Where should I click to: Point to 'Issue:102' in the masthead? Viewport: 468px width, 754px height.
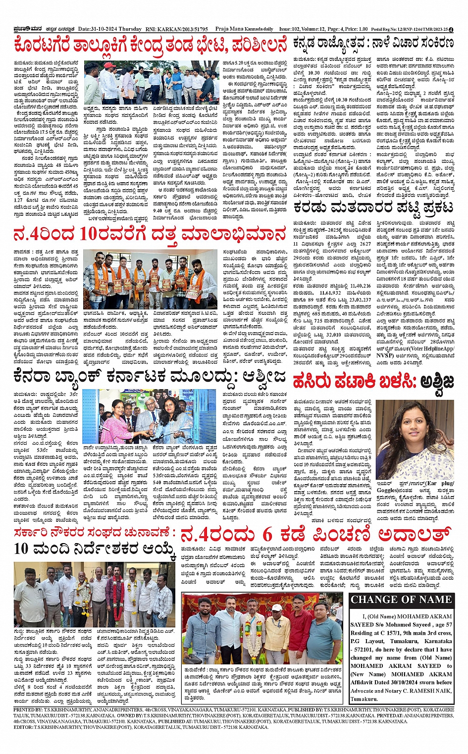pos(290,29)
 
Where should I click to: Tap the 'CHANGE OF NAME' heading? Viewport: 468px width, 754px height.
pos(401,600)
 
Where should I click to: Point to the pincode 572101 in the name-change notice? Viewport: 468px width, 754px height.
pos(363,650)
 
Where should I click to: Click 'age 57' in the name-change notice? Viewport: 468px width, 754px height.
pos(440,625)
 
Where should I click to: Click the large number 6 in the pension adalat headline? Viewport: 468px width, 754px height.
pos(267,535)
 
